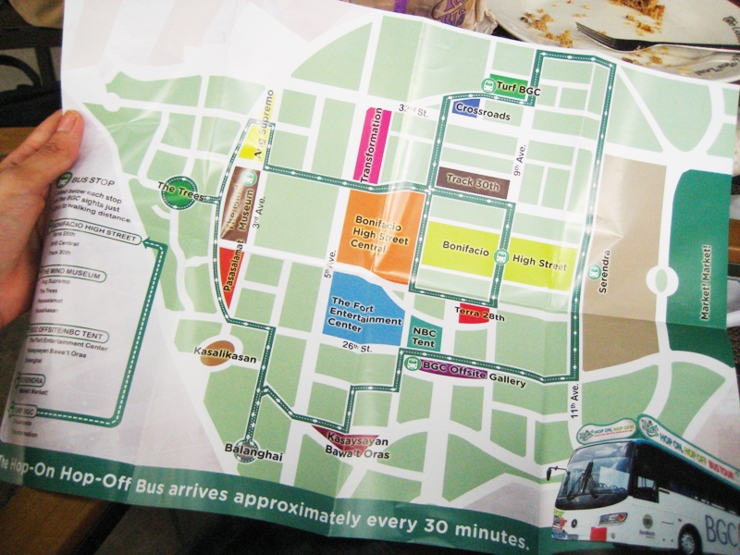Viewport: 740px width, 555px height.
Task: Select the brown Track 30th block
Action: [x=473, y=180]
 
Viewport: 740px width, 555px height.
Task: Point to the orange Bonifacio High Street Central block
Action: [x=380, y=227]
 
